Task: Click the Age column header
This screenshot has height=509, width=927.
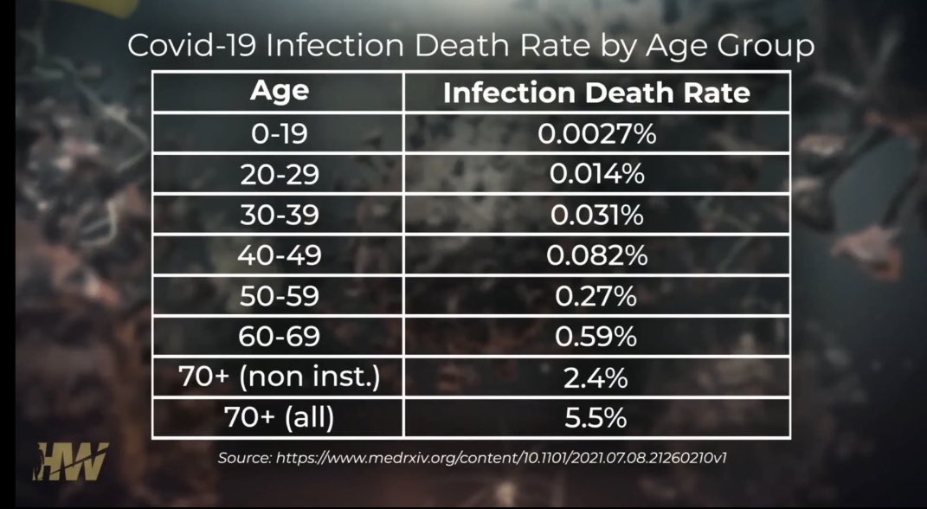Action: click(279, 91)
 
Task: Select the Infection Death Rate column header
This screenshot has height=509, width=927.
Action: click(595, 93)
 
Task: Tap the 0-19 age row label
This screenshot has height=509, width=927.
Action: click(279, 134)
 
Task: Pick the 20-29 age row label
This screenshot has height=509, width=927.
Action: click(279, 175)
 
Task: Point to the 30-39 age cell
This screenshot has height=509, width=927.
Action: click(279, 216)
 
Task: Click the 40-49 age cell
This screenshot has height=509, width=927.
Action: click(279, 255)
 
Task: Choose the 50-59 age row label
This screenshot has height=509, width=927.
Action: click(279, 296)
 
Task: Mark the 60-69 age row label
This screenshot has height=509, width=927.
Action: click(279, 337)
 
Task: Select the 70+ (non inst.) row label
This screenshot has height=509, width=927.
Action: click(279, 377)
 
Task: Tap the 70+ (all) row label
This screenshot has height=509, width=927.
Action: click(279, 418)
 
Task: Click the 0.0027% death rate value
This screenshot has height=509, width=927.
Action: click(595, 134)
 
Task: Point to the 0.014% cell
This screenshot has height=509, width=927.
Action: click(595, 175)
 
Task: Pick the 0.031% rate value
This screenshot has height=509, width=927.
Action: click(595, 216)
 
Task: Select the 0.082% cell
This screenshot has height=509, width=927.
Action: click(595, 255)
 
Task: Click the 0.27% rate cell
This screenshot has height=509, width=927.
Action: click(595, 296)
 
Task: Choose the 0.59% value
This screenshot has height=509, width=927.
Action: click(595, 337)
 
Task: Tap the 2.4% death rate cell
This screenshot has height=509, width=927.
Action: click(595, 377)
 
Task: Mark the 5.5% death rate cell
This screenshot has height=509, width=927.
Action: click(595, 418)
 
